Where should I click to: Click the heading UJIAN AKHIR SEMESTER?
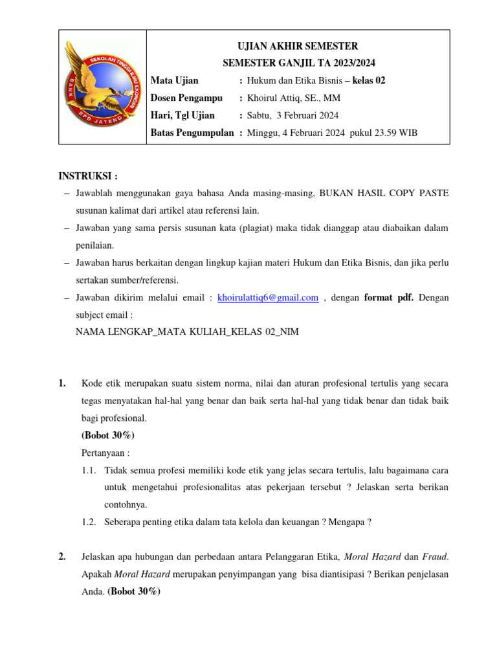pyautogui.click(x=298, y=46)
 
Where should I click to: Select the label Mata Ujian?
pyautogui.click(x=175, y=80)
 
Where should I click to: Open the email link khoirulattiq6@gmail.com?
pyautogui.click(x=268, y=297)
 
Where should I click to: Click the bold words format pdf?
pyautogui.click(x=389, y=297)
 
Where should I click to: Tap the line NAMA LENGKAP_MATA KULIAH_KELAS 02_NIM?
pyautogui.click(x=188, y=331)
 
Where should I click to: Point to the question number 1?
pyautogui.click(x=62, y=383)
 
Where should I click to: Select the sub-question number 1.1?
pyautogui.click(x=89, y=469)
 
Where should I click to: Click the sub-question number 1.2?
pyautogui.click(x=89, y=522)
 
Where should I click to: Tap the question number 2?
pyautogui.click(x=62, y=556)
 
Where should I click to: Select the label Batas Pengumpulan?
pyautogui.click(x=192, y=133)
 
